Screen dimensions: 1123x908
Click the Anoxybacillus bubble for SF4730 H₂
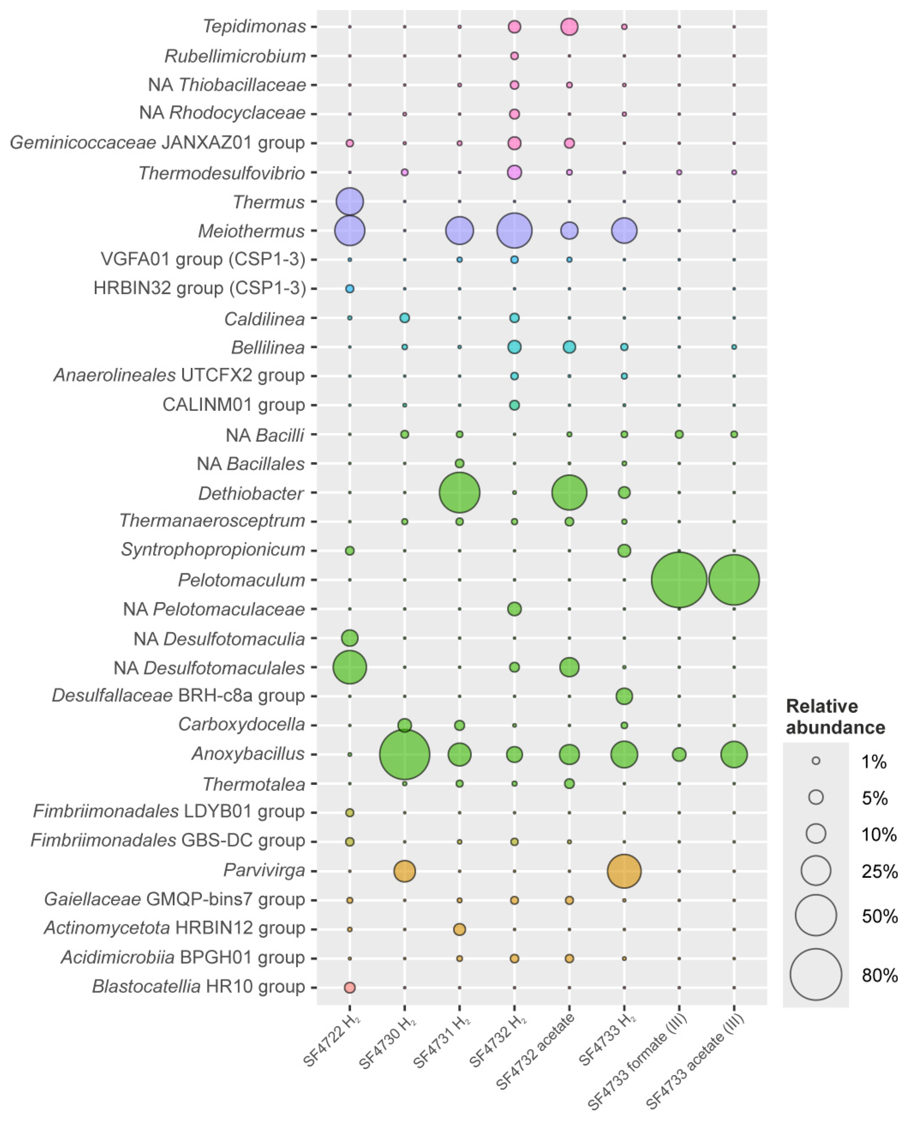pos(404,754)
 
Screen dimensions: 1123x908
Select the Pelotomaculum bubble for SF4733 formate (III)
pos(679,580)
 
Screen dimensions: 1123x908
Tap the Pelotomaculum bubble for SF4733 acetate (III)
pos(734,580)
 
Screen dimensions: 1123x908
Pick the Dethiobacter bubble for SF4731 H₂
pos(459,492)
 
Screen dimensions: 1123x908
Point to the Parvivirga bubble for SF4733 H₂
pos(624,871)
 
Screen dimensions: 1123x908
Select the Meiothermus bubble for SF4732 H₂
pos(514,231)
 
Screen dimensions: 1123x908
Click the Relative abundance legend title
pos(835,717)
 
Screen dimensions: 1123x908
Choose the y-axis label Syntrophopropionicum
pos(213,550)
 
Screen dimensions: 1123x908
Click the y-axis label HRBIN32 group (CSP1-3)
pos(199,288)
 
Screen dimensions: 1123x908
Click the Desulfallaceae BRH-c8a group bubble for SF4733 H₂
pos(624,696)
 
